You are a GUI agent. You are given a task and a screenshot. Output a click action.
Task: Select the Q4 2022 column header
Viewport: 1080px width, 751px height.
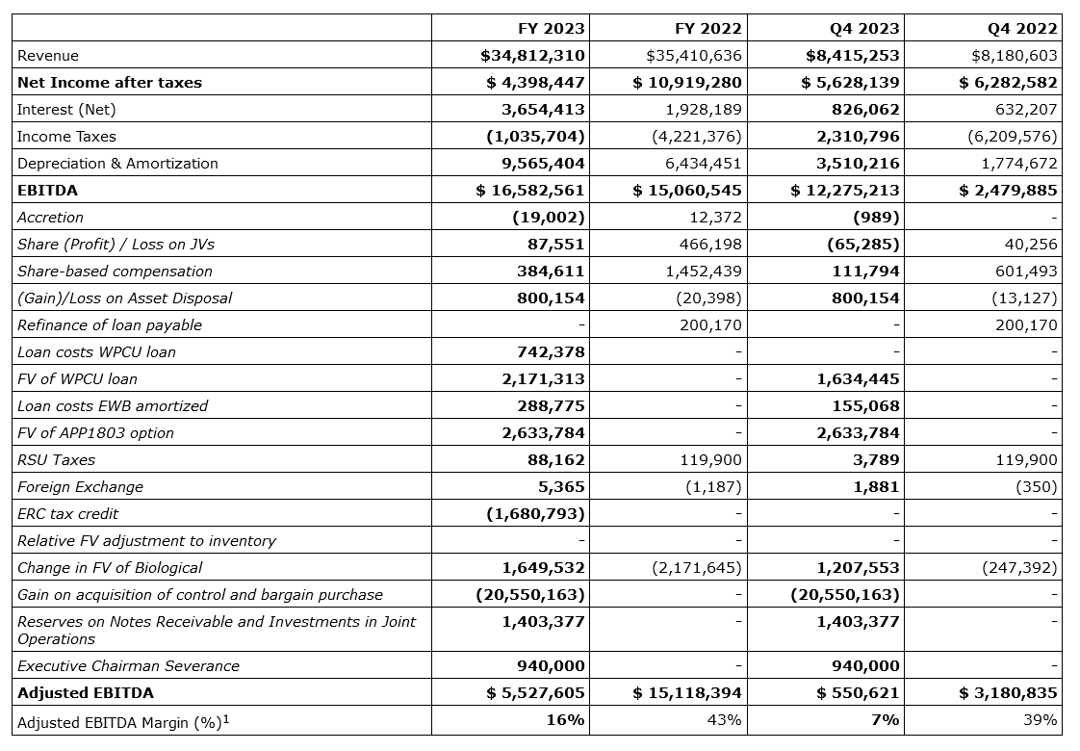(1024, 28)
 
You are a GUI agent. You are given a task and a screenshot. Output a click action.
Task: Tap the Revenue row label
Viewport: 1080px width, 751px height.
(48, 56)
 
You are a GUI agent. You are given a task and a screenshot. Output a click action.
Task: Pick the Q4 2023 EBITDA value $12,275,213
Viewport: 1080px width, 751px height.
(845, 191)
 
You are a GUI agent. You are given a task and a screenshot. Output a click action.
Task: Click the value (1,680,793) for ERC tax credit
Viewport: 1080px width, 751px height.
(535, 514)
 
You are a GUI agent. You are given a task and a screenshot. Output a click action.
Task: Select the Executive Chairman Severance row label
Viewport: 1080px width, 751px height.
(128, 666)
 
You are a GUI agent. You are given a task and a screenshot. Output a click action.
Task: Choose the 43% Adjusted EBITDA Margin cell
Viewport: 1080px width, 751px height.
(725, 720)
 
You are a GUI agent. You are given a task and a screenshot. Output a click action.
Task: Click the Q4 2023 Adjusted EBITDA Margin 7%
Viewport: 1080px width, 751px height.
(886, 720)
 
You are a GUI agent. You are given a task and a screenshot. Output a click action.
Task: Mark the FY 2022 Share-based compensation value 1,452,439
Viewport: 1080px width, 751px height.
(704, 272)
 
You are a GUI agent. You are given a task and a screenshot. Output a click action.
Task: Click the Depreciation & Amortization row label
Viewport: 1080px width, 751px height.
(117, 164)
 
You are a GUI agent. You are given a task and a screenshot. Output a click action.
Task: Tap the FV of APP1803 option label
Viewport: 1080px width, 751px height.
(95, 433)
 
